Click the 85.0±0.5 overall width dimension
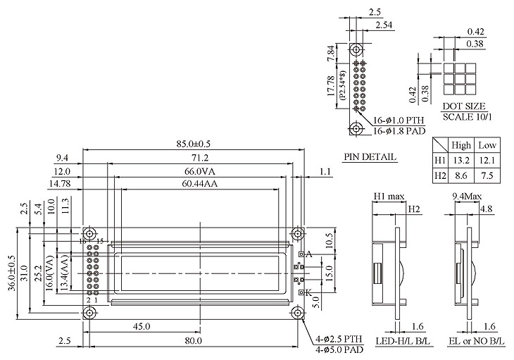(193, 144)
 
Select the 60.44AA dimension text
(200, 184)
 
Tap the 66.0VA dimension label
(200, 171)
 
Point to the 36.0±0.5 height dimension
(11, 273)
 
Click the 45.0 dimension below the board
(142, 326)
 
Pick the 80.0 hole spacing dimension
(193, 341)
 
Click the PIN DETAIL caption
(370, 157)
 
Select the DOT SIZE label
(464, 106)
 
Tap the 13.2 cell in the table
(461, 161)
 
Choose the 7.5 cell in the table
(487, 175)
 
